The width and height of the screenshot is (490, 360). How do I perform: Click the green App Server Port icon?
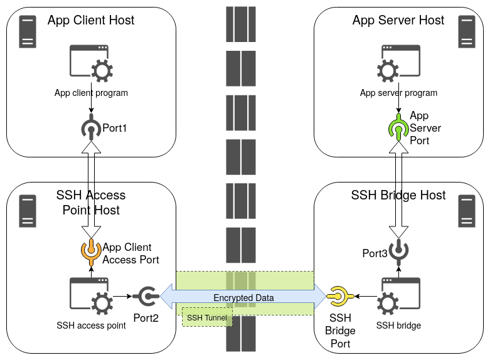pyautogui.click(x=398, y=127)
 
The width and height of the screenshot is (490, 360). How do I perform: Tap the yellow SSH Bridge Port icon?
pyautogui.click(x=340, y=296)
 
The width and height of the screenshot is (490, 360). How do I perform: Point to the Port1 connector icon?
pyautogui.click(x=91, y=127)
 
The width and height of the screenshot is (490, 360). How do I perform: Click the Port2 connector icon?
pyautogui.click(x=146, y=296)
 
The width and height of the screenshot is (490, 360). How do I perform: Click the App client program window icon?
pyautogui.click(x=91, y=63)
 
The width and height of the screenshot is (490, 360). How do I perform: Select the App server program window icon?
pyautogui.click(x=398, y=63)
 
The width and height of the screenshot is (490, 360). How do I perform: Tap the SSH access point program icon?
pyautogui.click(x=91, y=296)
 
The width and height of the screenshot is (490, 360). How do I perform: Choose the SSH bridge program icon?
pyautogui.click(x=398, y=296)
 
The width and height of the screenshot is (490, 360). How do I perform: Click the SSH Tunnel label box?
pyautogui.click(x=207, y=317)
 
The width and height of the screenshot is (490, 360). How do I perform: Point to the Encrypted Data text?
pyautogui.click(x=243, y=298)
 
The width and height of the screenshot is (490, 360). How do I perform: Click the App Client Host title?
pyautogui.click(x=91, y=20)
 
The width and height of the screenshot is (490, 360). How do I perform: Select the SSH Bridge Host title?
pyautogui.click(x=398, y=195)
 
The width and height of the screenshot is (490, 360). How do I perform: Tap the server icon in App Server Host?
pyautogui.click(x=467, y=31)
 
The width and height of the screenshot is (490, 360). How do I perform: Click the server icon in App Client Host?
pyautogui.click(x=28, y=31)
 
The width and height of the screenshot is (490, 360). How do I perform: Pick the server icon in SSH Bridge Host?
pyautogui.click(x=467, y=211)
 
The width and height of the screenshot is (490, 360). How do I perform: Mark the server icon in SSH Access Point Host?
pyautogui.click(x=28, y=211)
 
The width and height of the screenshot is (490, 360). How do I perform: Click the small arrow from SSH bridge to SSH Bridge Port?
pyautogui.click(x=366, y=296)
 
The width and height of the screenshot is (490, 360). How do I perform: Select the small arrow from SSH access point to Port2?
pyautogui.click(x=122, y=296)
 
